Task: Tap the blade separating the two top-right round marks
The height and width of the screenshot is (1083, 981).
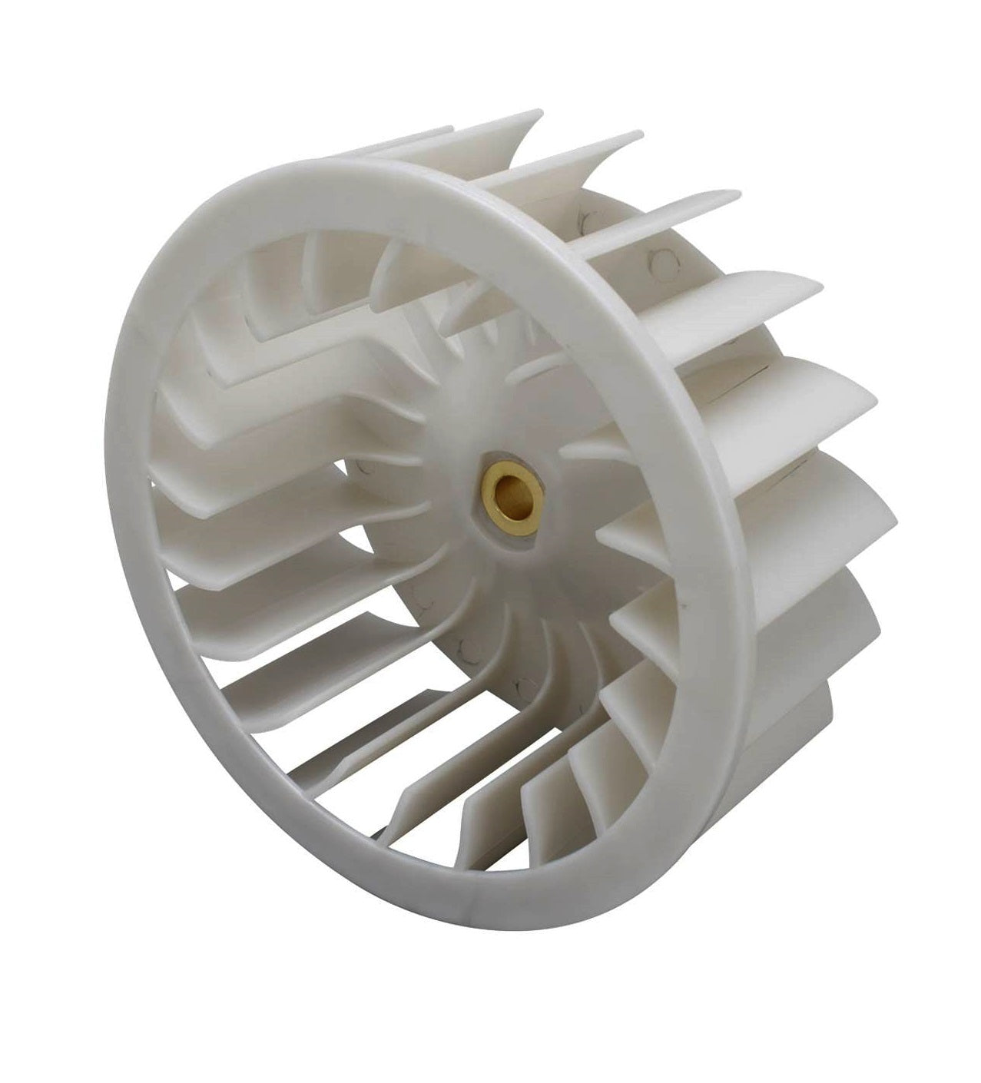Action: pos(638,223)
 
